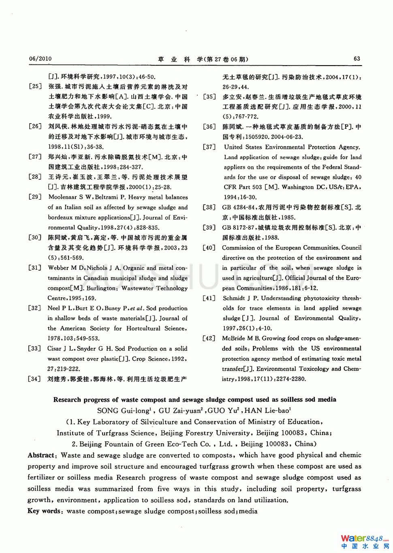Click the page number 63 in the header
[357, 59]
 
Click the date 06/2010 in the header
[40, 59]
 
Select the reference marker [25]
[35, 87]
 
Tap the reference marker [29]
[35, 197]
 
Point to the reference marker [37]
[209, 147]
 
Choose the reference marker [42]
[209, 338]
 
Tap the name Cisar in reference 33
[54, 348]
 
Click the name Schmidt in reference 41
[234, 298]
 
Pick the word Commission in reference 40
[241, 248]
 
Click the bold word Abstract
[41, 455]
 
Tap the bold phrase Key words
[44, 511]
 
